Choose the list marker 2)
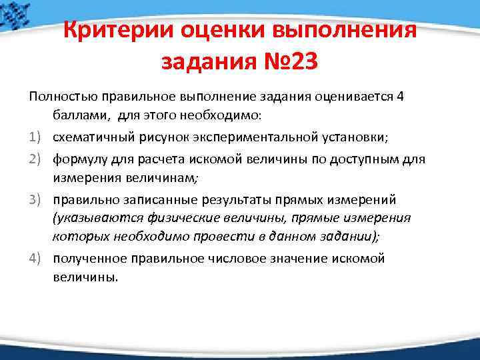tap(37, 159)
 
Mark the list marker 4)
tap(37, 258)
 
